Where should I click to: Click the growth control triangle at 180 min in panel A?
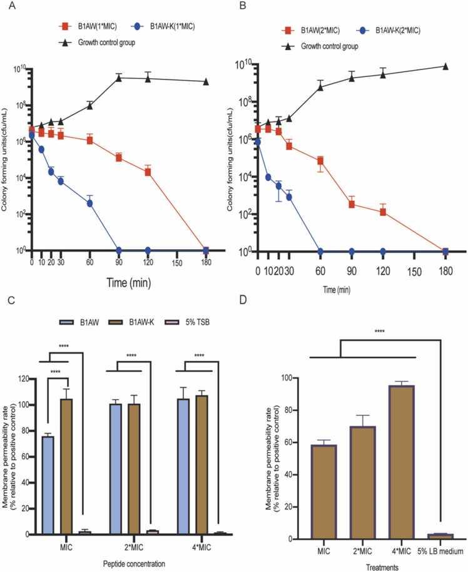[206, 82]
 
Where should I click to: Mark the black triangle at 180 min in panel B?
[445, 66]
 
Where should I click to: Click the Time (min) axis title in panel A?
[118, 283]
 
